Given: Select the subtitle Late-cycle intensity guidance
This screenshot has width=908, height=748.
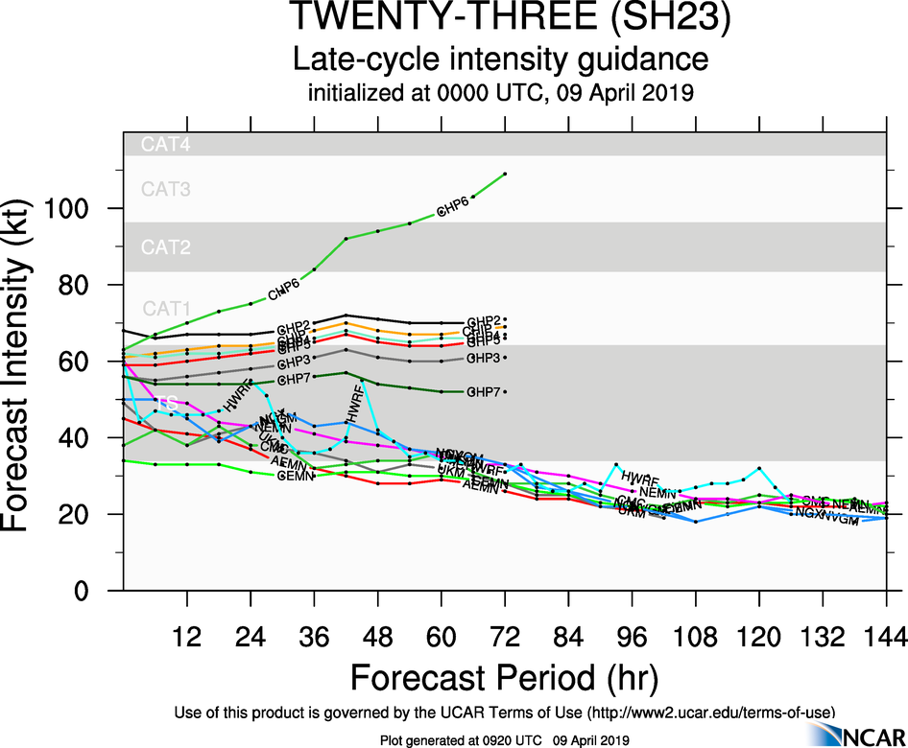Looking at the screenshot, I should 500,59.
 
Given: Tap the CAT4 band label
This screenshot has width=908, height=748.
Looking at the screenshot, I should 166,145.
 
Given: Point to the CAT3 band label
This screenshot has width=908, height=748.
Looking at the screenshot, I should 166,189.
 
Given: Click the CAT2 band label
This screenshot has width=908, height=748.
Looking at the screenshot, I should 166,247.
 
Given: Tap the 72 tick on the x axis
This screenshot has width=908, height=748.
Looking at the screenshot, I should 504,636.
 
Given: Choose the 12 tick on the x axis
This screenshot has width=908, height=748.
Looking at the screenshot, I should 186,636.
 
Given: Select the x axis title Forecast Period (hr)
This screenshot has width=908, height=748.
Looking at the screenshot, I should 504,677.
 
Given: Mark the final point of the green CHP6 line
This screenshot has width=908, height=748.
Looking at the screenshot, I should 505,174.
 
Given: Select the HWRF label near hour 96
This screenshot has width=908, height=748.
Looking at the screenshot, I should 640,477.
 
